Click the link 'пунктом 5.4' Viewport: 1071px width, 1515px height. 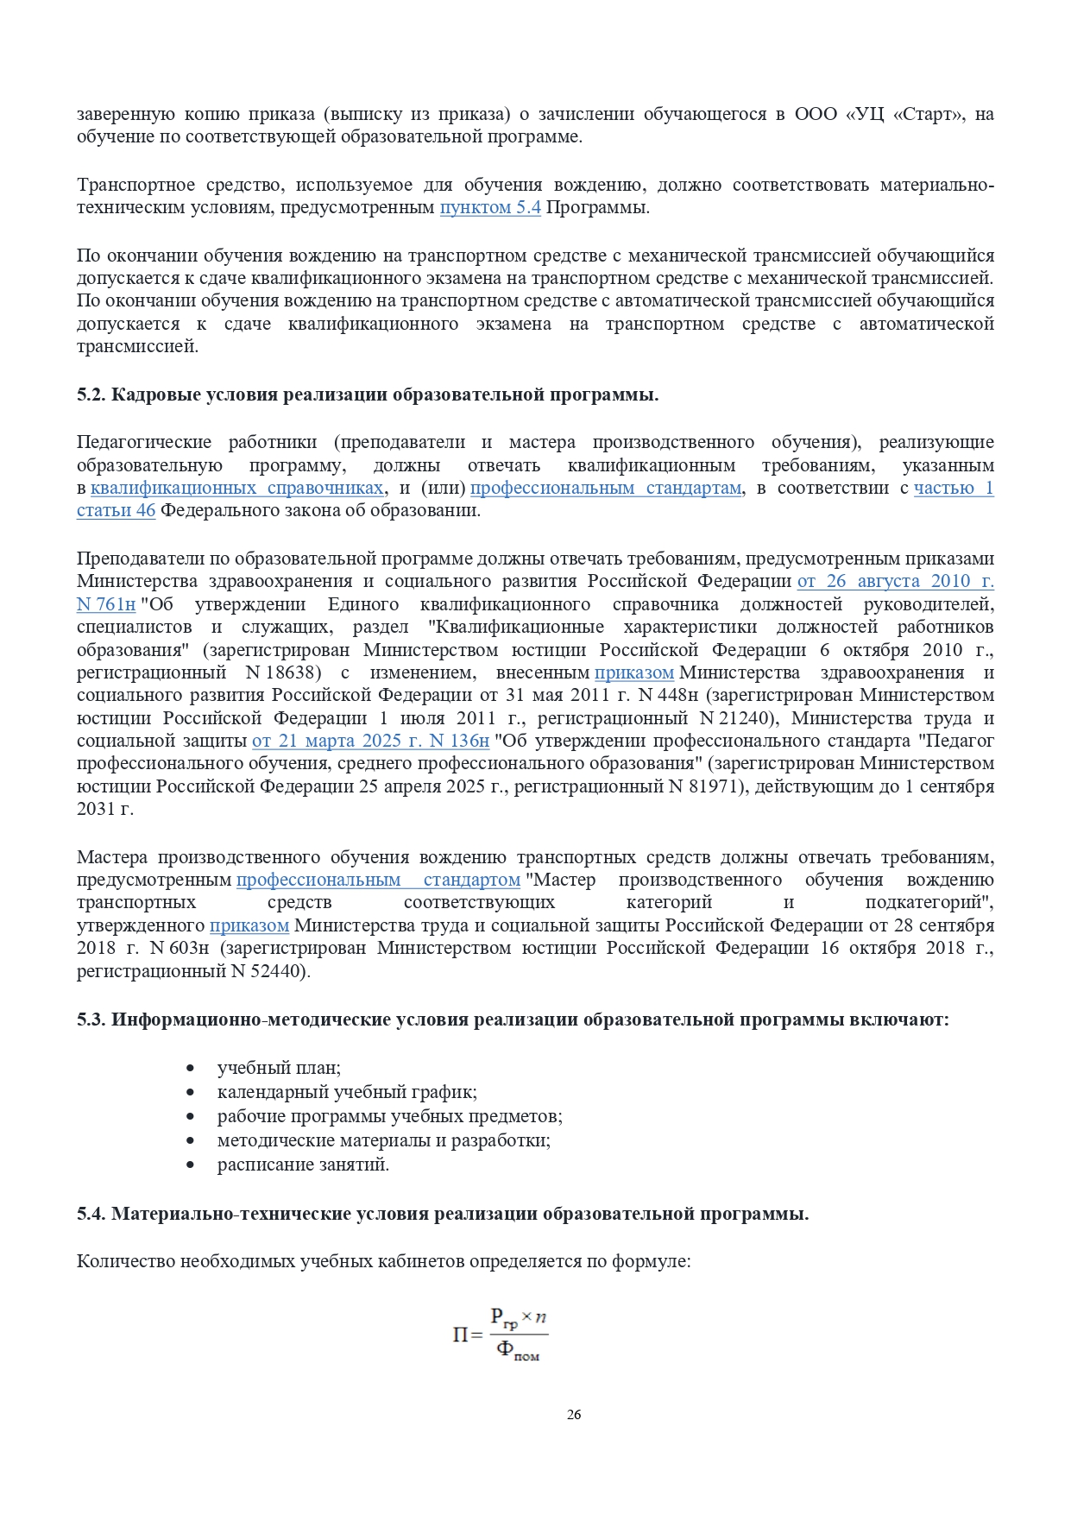point(490,208)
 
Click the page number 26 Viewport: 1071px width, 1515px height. point(574,1414)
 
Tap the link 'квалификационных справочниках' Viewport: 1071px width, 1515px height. point(237,489)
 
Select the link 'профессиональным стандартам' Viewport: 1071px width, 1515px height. point(606,489)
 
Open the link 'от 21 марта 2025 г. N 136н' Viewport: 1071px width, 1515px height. point(370,742)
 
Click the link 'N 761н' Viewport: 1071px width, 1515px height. point(106,604)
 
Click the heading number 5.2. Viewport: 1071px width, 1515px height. point(91,395)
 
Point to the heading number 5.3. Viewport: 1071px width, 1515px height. point(91,1019)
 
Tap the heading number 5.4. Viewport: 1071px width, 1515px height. point(91,1214)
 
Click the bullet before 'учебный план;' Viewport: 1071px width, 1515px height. point(191,1069)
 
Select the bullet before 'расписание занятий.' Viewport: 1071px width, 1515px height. point(191,1165)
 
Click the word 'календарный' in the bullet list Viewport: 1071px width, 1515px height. point(273,1092)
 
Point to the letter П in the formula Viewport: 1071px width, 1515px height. point(461,1335)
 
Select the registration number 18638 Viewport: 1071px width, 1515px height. point(291,672)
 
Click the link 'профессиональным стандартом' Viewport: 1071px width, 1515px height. point(378,880)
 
